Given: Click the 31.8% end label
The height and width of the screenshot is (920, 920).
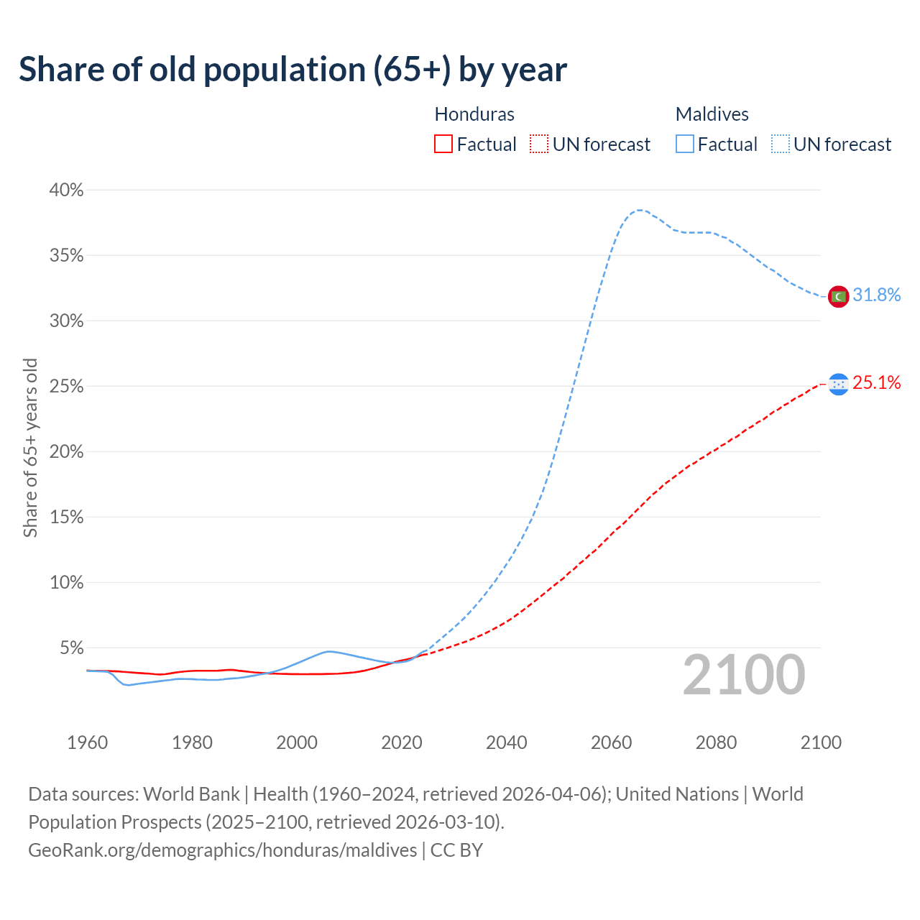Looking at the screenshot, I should coord(876,295).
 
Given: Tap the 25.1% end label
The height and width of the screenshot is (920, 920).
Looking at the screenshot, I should coord(876,383).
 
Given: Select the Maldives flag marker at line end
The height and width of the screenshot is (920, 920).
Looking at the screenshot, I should coord(838,295).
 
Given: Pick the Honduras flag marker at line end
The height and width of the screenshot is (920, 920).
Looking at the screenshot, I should coord(838,385).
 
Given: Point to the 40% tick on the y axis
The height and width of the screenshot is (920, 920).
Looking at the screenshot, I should coord(66,190).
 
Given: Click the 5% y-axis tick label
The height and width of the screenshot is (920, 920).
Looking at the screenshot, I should coord(71,648).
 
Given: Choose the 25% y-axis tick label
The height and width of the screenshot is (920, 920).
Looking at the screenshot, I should coord(66,387).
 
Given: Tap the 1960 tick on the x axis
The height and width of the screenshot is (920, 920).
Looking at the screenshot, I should coord(87,742).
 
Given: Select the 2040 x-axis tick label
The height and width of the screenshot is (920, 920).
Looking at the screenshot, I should coord(506,742).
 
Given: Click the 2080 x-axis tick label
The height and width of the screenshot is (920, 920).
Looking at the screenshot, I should coord(716,742).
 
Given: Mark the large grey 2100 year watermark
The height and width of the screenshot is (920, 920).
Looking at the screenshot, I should coord(743,675).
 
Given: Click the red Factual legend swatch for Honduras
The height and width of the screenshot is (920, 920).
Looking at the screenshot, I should coord(443,144).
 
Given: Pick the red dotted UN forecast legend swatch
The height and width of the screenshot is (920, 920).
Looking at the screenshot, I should coord(539,144).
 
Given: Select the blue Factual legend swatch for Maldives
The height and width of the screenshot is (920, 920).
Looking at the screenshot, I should coord(684,144).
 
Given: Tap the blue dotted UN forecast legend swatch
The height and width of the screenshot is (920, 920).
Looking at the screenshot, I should coord(780,144).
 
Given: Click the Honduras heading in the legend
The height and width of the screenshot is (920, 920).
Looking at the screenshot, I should coord(474,114).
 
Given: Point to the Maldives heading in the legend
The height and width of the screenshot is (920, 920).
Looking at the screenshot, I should coord(712,114).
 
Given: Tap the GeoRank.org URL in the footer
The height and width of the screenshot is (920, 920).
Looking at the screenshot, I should coord(222,850).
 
